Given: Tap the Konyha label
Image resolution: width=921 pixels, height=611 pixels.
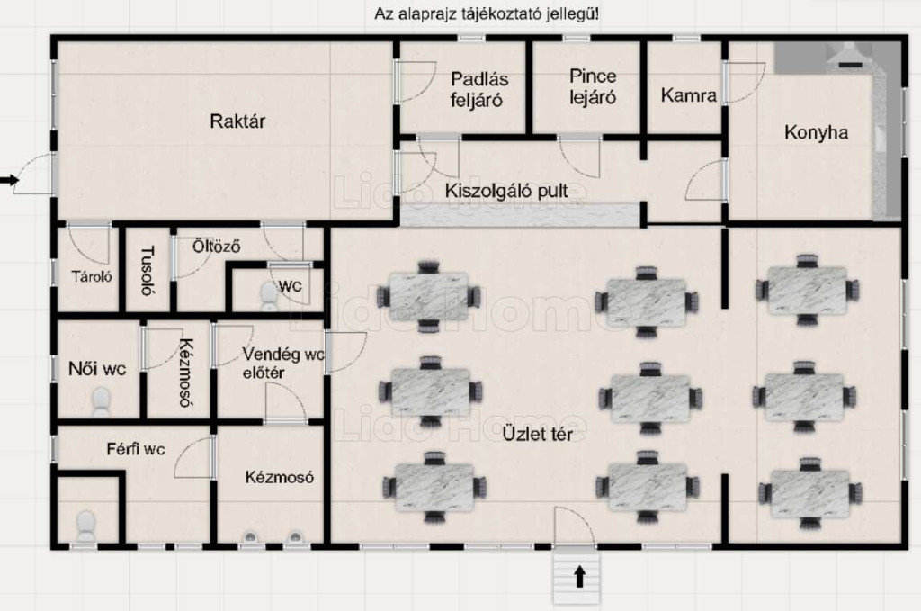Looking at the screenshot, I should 816,132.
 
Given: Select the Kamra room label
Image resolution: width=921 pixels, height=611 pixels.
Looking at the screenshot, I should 688,95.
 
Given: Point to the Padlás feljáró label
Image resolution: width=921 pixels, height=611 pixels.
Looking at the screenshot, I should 476,89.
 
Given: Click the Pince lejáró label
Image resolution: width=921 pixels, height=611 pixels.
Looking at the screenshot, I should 593,86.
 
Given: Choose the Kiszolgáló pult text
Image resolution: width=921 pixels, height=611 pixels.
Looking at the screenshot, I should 506,192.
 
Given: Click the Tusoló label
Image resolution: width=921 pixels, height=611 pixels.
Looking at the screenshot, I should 148,271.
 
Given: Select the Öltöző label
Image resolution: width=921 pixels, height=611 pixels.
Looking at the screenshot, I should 216,245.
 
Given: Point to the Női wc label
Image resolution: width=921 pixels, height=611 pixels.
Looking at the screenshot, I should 96,368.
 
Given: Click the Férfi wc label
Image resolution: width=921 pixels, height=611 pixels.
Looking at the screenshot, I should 136,448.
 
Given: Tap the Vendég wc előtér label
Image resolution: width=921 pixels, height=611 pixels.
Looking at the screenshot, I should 282,364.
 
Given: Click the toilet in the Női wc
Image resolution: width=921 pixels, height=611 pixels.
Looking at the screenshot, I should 101,401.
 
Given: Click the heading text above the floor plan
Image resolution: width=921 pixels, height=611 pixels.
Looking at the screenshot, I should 487,14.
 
